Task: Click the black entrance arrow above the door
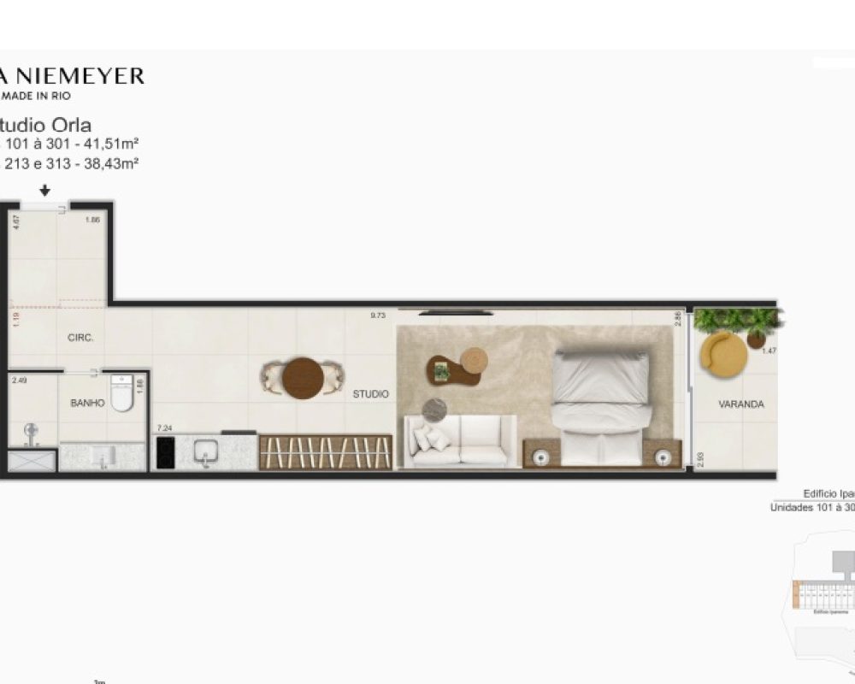45,192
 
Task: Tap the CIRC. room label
80,338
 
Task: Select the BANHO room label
88,403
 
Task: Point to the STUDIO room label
370,394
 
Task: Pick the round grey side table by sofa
434,410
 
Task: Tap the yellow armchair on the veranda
722,351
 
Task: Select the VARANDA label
740,404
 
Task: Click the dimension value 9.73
378,315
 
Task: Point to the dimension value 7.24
164,427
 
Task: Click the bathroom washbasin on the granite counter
103,456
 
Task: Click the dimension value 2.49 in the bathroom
20,381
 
